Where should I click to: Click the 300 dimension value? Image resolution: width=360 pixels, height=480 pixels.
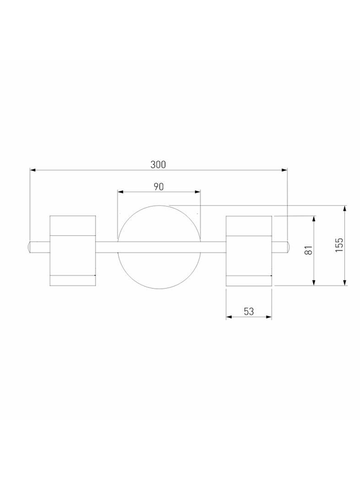coord(158,164)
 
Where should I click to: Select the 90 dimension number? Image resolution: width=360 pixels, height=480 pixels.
coord(158,187)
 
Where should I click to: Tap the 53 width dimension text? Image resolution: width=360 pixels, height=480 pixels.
coord(249,311)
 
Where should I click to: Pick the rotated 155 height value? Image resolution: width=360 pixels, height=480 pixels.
coord(339,245)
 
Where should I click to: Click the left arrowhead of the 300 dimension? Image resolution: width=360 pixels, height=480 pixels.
coord(33,170)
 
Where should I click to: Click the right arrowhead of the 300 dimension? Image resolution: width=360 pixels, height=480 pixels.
coord(284,170)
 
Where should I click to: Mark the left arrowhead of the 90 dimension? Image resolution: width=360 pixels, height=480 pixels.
coord(121,192)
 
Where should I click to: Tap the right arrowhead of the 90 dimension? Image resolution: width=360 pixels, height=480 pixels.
coord(197,192)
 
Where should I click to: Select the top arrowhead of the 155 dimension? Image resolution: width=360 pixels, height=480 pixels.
coord(345,208)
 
